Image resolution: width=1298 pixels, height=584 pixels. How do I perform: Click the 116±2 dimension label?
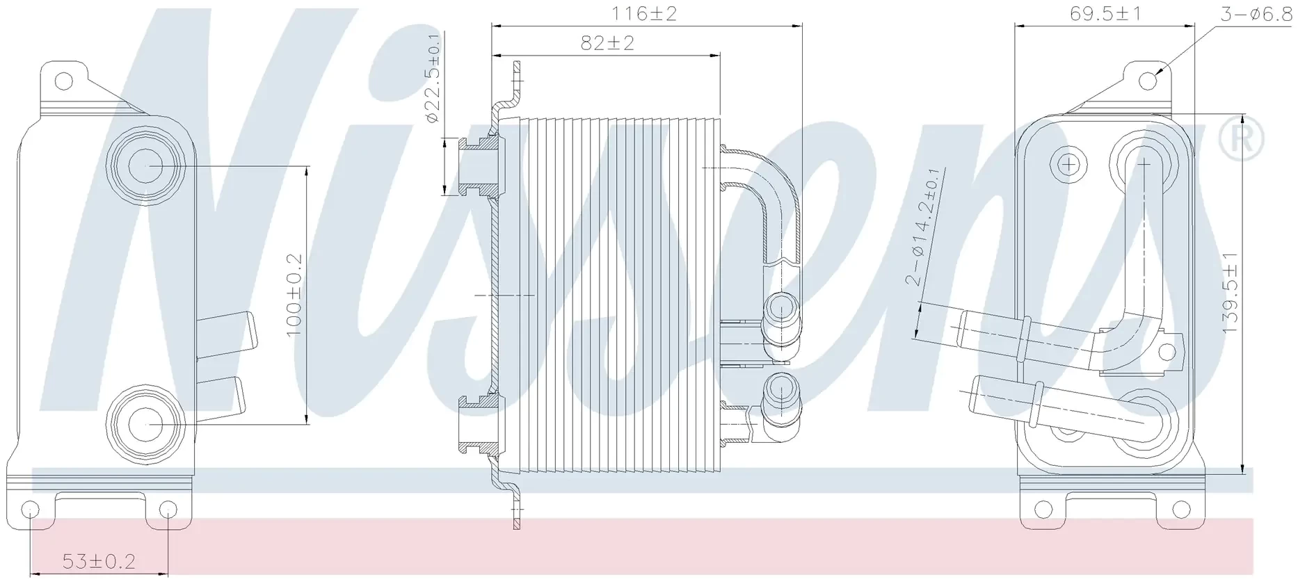pos(643,14)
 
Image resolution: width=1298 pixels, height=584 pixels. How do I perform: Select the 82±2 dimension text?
pos(607,43)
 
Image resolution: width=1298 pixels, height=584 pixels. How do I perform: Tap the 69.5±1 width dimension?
pos(1106,14)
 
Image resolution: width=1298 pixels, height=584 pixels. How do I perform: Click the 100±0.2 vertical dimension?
pos(294,295)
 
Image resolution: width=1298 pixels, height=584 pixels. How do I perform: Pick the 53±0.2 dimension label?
pos(99,561)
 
